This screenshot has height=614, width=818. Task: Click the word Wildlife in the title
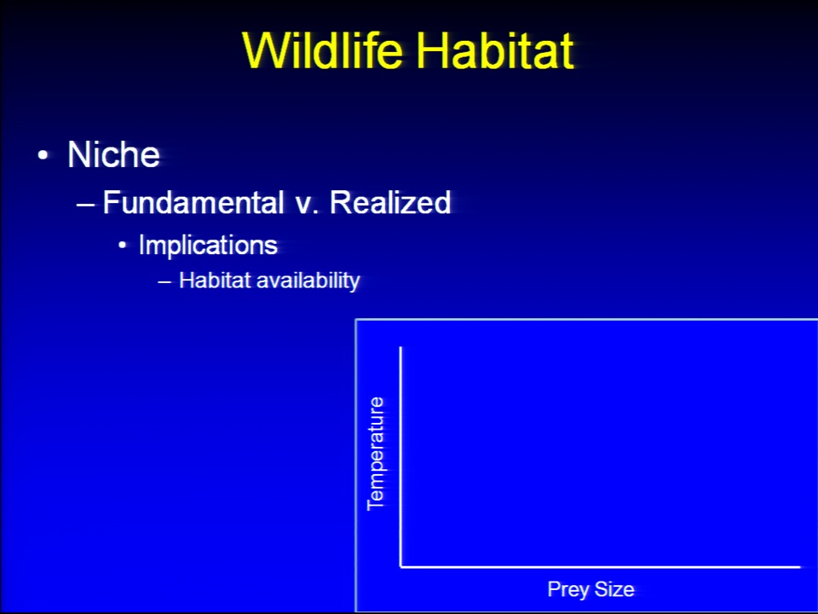323,50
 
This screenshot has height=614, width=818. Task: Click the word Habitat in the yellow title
494,50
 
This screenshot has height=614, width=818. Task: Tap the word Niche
113,154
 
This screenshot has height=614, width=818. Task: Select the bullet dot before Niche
43,155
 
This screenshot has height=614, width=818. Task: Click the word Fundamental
193,202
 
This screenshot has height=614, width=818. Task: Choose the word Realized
390,202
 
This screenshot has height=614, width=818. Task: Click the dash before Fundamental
85,205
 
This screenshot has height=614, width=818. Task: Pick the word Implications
208,245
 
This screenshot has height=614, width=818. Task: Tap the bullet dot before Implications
123,245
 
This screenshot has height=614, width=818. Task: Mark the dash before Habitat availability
164,282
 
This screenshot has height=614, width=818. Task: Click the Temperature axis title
376,454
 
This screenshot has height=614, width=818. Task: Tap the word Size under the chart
614,589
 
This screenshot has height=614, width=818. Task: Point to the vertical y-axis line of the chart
400,456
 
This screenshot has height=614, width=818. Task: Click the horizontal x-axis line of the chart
600,566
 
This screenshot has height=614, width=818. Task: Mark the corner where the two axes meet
400,566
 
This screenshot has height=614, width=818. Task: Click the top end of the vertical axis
400,347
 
